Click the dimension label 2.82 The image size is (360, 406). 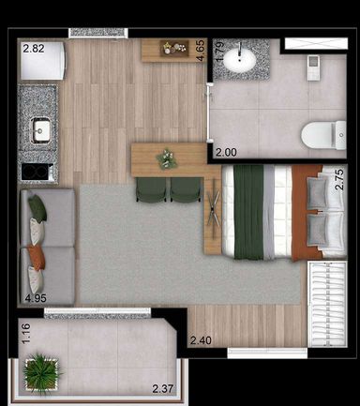(34, 49)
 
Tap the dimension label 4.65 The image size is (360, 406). (201, 50)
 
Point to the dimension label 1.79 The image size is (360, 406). (219, 52)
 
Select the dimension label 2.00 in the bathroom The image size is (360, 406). (226, 153)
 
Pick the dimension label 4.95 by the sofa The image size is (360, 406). (36, 298)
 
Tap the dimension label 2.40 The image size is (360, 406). (201, 340)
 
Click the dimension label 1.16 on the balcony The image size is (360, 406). (26, 334)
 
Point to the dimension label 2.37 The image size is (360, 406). (163, 389)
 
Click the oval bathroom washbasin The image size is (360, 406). (239, 60)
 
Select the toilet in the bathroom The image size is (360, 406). (323, 135)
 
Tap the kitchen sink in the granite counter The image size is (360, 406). (41, 130)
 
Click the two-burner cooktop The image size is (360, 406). (37, 172)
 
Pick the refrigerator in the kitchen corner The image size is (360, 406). (42, 60)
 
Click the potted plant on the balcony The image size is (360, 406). (41, 373)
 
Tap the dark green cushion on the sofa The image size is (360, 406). (37, 207)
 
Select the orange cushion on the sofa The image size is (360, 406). (37, 257)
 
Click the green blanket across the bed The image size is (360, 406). (248, 212)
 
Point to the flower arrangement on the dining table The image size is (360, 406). (167, 158)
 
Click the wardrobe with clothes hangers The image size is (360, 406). (327, 304)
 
